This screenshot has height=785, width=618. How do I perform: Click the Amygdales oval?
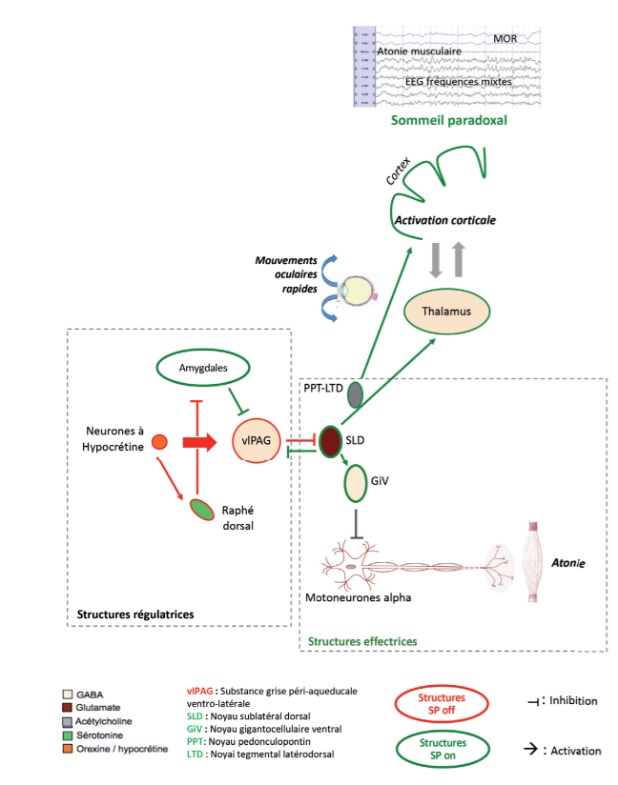[203, 366]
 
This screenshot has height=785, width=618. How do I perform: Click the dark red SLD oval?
[330, 441]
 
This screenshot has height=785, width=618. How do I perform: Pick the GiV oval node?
[357, 483]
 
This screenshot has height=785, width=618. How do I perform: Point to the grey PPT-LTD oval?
[356, 394]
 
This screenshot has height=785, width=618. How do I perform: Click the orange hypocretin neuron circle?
[159, 441]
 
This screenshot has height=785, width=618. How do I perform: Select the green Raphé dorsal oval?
[202, 510]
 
